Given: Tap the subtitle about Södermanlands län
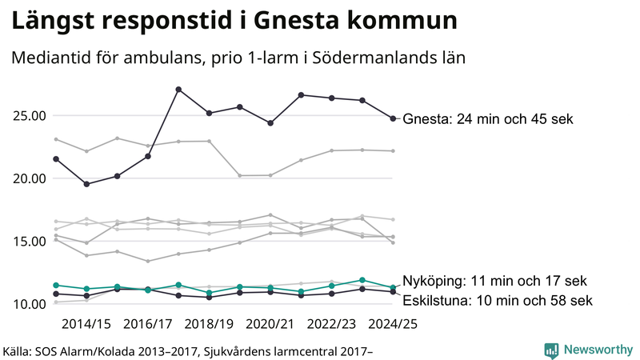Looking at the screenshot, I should coord(238,58).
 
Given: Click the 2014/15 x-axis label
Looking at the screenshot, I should coord(86,323).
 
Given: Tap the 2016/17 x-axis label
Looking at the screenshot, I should coord(148,323).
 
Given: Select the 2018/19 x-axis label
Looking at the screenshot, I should coord(209,323).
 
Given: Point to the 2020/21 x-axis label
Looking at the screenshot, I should coord(270,323).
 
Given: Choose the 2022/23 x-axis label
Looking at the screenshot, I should coord(332,323).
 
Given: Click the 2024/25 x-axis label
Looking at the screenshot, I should coord(393,323).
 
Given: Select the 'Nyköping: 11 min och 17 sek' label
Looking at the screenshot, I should coord(494,281).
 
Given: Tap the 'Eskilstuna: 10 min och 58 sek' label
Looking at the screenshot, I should coord(497,301).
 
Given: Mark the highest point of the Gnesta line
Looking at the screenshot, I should coord(178,89).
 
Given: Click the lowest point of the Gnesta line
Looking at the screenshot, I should coord(86,184).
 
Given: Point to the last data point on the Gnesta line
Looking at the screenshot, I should coord(393,118).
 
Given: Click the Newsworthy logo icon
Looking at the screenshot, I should coord(552,350).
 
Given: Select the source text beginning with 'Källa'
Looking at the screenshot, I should coord(188,350).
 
